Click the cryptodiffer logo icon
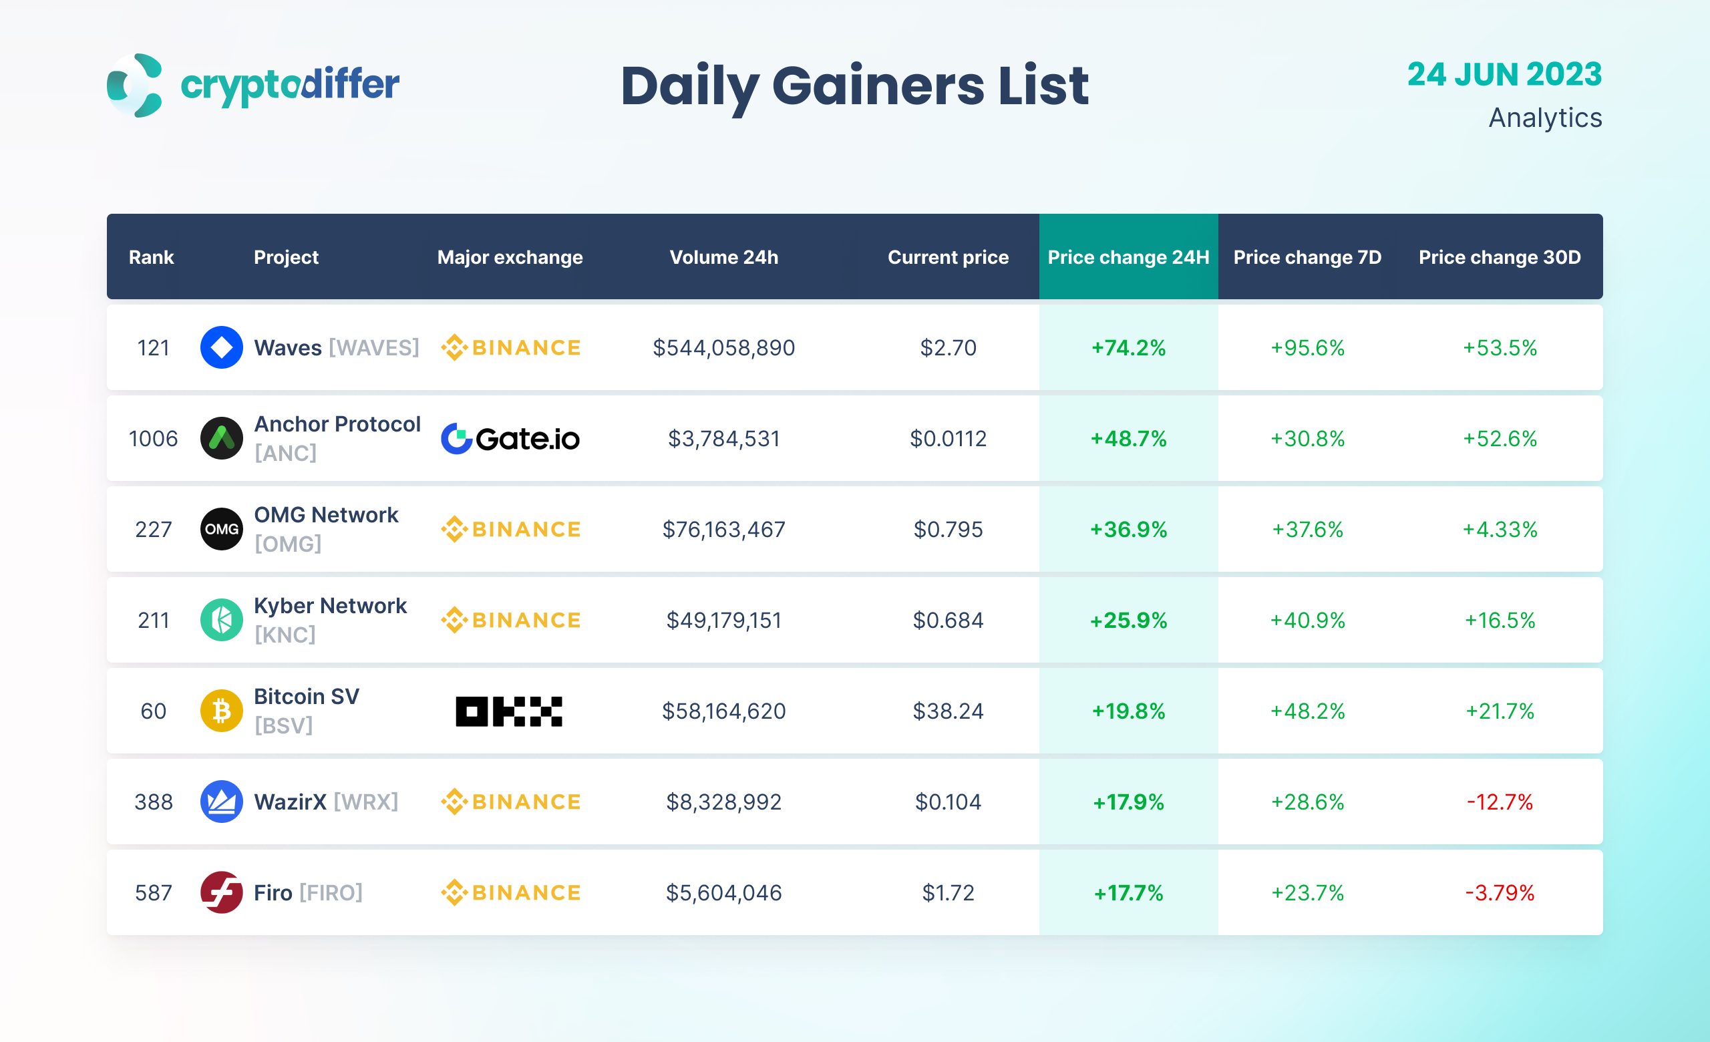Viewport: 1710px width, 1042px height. click(x=135, y=85)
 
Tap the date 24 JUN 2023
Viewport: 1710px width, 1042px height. click(x=1504, y=74)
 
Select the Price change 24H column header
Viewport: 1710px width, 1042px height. click(x=1128, y=257)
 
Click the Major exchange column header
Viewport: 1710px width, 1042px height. click(x=510, y=257)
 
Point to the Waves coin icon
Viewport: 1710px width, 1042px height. click(x=221, y=347)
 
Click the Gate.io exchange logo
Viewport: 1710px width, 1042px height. click(x=510, y=438)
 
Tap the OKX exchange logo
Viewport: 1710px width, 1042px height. click(x=509, y=711)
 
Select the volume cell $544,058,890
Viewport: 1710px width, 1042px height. click(x=723, y=347)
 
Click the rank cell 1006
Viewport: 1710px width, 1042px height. click(x=154, y=438)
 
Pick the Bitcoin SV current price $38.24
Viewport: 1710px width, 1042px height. click(x=948, y=711)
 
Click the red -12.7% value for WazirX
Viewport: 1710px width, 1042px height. click(x=1499, y=802)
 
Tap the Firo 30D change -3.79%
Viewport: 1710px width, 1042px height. click(x=1499, y=893)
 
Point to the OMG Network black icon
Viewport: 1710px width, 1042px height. click(x=221, y=529)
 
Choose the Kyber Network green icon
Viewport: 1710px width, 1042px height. click(x=221, y=621)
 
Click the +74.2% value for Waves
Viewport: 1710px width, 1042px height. click(x=1128, y=347)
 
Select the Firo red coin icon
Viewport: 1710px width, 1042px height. click(x=221, y=893)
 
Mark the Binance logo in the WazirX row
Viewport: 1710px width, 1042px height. click(x=510, y=802)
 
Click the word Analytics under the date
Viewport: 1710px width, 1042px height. click(x=1545, y=118)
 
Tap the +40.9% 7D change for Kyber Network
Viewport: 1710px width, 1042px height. click(x=1307, y=621)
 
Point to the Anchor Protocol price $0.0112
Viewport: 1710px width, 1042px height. click(x=948, y=438)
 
